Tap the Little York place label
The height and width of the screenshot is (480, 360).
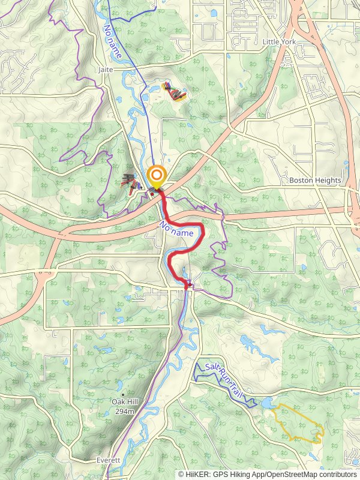tap(280, 41)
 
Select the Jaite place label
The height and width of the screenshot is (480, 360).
tap(104, 70)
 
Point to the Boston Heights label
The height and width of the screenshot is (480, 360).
tap(315, 180)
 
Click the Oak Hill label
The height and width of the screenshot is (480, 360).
tap(124, 402)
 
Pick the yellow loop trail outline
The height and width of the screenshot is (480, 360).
tap(298, 424)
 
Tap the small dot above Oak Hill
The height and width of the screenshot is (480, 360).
tap(124, 394)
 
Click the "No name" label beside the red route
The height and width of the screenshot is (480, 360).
tap(176, 229)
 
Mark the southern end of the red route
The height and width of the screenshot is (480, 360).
tap(187, 287)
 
